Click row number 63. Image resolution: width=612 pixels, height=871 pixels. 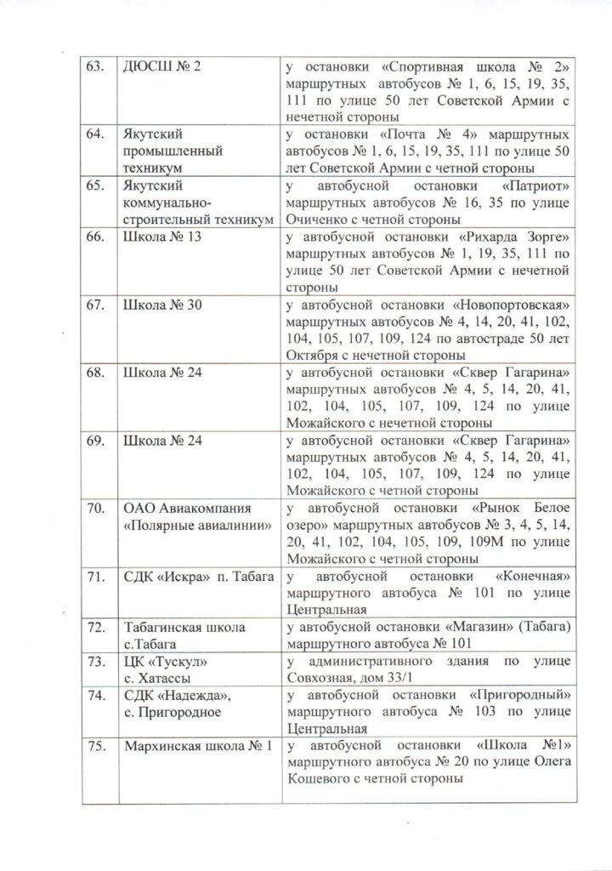[98, 67]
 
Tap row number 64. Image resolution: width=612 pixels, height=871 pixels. [98, 133]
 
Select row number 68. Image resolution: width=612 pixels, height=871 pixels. [98, 373]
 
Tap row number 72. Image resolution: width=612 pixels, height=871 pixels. [98, 628]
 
